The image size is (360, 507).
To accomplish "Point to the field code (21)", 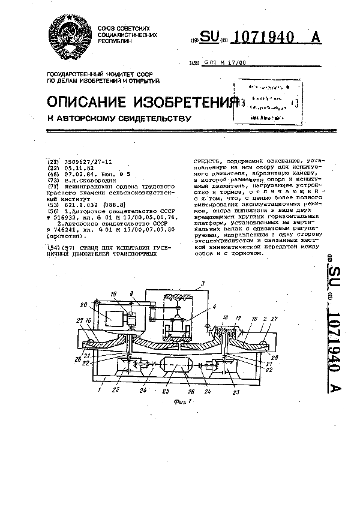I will tap(53, 163).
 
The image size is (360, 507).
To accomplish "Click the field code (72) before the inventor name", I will tap(53, 180).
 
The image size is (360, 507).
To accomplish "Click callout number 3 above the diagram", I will tap(202, 283).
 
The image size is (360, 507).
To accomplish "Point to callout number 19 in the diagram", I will tap(113, 294).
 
